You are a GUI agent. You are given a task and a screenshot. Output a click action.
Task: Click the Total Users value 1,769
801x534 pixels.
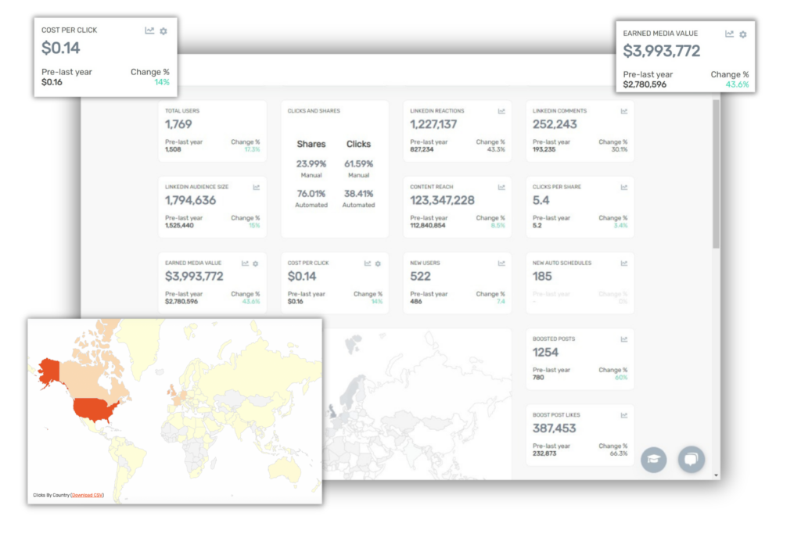[x=178, y=124]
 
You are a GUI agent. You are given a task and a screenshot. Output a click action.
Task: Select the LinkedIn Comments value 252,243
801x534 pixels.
[x=555, y=124]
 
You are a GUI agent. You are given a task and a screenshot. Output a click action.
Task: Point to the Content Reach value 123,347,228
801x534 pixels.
[x=442, y=200]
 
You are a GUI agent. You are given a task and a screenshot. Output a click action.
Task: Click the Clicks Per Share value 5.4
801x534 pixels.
[x=541, y=200]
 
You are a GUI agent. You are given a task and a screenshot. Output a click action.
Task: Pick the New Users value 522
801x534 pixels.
[x=421, y=276]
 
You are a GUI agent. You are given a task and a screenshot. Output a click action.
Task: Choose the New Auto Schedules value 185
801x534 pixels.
[x=542, y=276]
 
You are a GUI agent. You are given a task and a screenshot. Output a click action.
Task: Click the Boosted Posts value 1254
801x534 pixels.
[x=545, y=352]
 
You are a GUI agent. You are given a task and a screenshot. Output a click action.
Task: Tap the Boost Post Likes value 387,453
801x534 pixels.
[x=554, y=428]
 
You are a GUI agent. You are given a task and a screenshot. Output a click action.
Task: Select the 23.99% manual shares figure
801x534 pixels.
[x=311, y=164]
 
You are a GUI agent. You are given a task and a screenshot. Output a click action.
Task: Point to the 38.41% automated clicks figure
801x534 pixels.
[x=358, y=194]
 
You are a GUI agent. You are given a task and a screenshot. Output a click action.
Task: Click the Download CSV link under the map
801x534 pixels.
[x=87, y=495]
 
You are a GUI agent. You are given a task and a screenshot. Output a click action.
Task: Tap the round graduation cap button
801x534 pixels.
[x=653, y=460]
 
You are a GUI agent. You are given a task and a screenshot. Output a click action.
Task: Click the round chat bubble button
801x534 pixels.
[x=691, y=460]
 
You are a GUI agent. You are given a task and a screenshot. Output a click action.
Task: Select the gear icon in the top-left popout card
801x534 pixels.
[x=163, y=30]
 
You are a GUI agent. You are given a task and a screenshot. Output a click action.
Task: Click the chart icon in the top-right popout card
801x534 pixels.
[x=729, y=34]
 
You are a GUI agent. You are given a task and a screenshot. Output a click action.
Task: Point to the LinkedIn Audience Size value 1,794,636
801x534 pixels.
[x=190, y=200]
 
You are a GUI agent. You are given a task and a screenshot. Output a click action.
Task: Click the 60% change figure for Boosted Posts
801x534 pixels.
[x=621, y=377]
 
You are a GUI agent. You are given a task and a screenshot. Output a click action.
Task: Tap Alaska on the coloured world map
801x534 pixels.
[x=51, y=371]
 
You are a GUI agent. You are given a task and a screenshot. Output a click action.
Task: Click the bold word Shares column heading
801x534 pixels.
[x=311, y=144]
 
